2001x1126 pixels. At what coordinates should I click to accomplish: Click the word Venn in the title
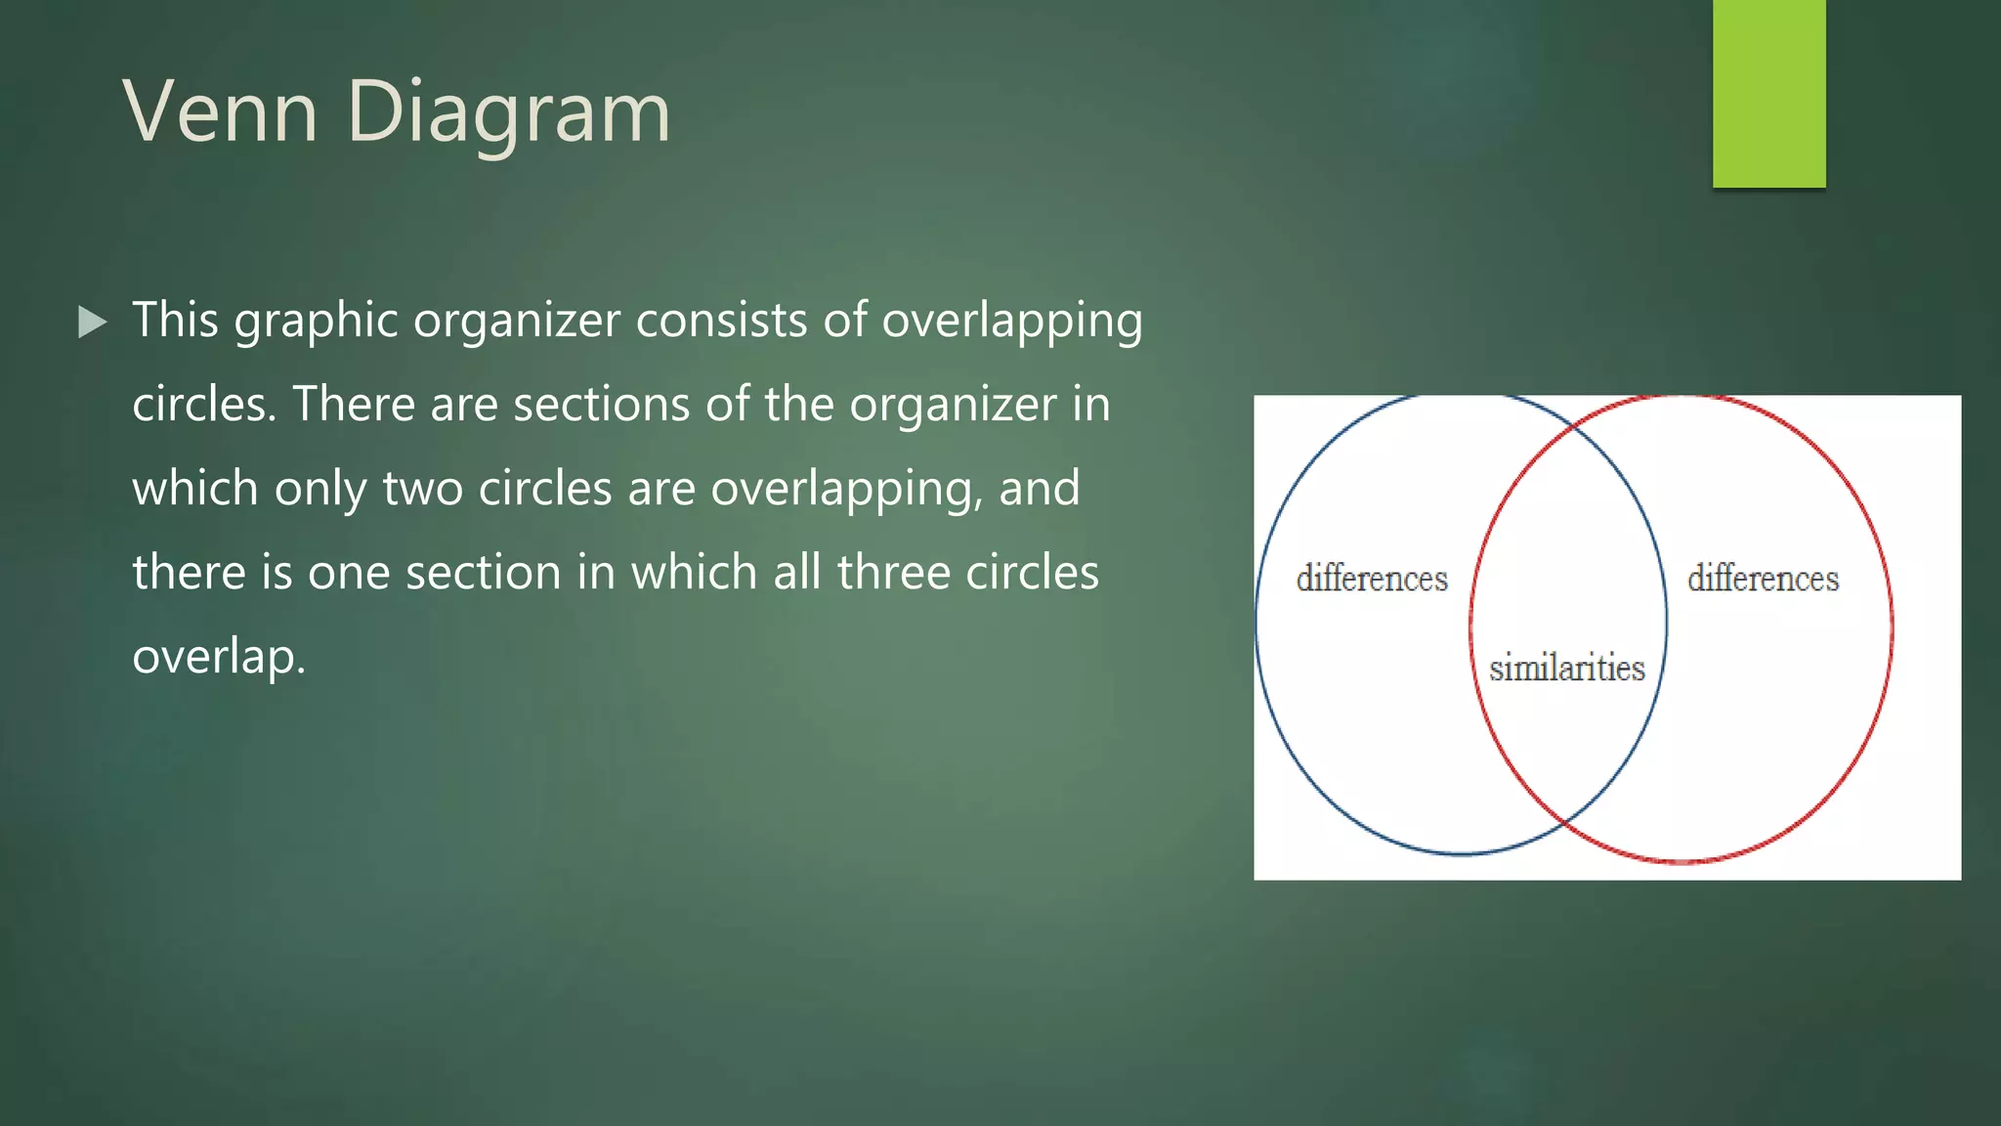point(221,111)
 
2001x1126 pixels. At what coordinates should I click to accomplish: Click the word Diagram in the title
point(508,111)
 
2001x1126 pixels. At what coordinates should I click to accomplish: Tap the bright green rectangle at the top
point(1768,93)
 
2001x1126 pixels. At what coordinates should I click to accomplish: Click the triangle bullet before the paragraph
point(92,322)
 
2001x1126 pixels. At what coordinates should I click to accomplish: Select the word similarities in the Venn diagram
point(1566,668)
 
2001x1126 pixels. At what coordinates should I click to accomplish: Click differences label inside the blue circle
point(1372,579)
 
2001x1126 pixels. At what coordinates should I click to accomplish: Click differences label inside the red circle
point(1763,579)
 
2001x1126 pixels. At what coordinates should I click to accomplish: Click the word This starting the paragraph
point(175,320)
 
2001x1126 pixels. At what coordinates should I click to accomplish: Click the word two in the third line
point(422,488)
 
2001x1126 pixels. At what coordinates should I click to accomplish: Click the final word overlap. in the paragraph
point(219,656)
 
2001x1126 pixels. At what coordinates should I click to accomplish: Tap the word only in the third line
point(319,488)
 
